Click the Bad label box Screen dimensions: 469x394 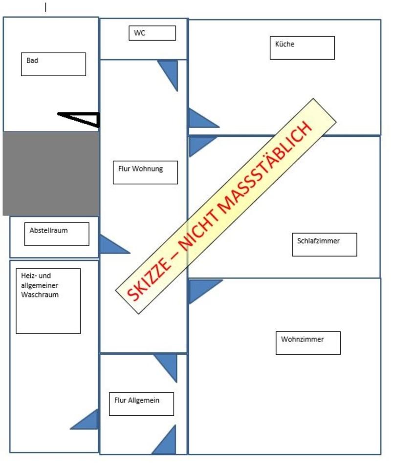53,64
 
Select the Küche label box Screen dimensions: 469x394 302,47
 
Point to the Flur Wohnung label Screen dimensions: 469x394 145,172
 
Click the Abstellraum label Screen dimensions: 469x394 57,234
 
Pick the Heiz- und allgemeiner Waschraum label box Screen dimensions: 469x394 48,301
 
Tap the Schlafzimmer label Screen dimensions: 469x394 325,244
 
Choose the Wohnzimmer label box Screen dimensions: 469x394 308,342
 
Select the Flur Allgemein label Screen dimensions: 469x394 141,404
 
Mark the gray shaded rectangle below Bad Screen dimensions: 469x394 51,173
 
